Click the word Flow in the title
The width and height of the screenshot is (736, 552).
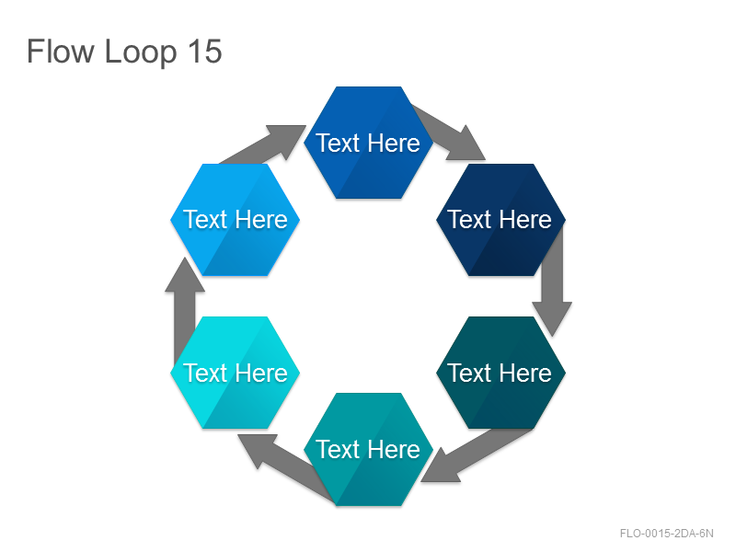click(61, 52)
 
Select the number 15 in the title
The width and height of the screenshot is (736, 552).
click(204, 52)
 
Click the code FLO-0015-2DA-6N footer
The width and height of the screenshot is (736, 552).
click(666, 534)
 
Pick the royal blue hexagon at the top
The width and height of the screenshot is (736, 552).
click(369, 143)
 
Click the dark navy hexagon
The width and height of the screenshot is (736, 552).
click(500, 220)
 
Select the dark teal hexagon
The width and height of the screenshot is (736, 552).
click(500, 373)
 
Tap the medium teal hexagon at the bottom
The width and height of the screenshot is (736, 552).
click(369, 449)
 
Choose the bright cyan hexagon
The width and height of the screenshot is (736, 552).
click(236, 373)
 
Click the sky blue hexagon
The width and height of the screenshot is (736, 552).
click(236, 220)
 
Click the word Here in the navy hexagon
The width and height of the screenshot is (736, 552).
click(525, 220)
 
